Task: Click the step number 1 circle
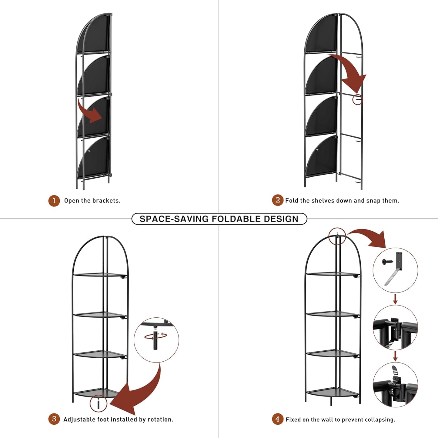pos(54,201)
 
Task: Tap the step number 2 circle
pos(277,200)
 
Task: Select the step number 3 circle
pos(54,419)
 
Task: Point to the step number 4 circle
pos(277,419)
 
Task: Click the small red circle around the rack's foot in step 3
pos(99,403)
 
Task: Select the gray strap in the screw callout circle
pos(392,277)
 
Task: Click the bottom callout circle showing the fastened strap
pos(395,385)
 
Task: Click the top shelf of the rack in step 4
pos(332,275)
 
